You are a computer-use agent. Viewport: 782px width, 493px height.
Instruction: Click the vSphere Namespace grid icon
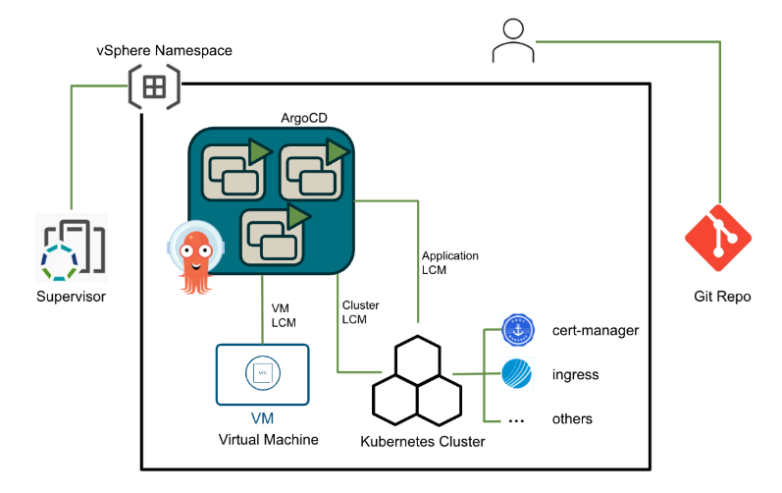(154, 86)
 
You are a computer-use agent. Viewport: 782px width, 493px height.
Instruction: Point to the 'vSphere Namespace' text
(164, 50)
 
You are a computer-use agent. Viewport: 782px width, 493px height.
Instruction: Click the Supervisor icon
(71, 246)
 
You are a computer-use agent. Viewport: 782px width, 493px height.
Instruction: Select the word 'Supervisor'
(71, 296)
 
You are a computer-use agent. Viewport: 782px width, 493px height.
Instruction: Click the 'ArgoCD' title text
(303, 118)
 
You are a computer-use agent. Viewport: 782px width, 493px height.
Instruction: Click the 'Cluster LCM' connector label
(360, 312)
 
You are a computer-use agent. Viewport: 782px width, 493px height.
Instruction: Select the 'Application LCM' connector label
(449, 262)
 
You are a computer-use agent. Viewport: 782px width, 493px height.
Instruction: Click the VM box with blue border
(262, 374)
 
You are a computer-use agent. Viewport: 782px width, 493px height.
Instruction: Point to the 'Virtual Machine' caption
(268, 439)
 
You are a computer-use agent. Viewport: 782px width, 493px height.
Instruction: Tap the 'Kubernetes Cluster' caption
(423, 442)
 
